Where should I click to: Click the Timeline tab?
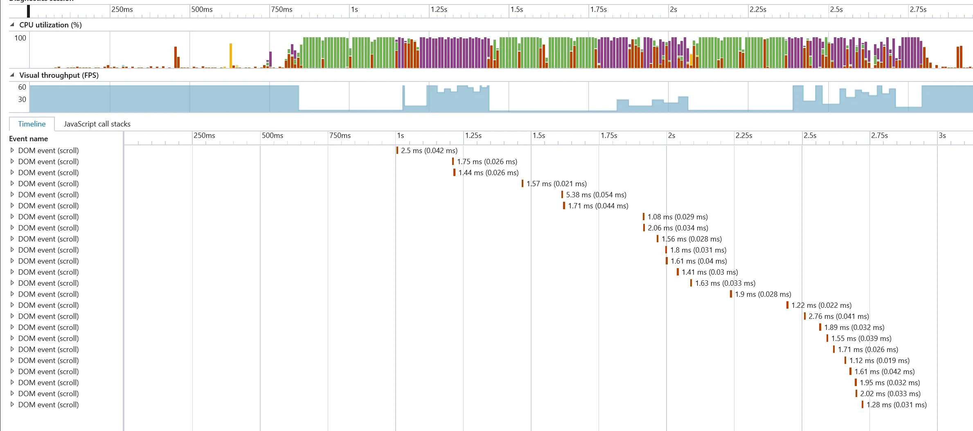pyautogui.click(x=32, y=124)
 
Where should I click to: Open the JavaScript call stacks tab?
pyautogui.click(x=97, y=124)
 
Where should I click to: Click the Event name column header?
pyautogui.click(x=29, y=139)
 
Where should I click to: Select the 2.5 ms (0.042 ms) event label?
pyautogui.click(x=429, y=151)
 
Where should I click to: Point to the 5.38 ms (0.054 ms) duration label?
pyautogui.click(x=596, y=195)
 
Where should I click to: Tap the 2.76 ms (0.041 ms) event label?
pyautogui.click(x=838, y=316)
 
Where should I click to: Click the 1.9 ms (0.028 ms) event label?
pyautogui.click(x=763, y=294)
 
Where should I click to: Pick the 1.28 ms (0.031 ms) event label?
pyautogui.click(x=896, y=405)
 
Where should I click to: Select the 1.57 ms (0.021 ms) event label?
pyautogui.click(x=556, y=184)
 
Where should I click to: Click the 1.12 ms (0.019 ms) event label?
pyautogui.click(x=879, y=361)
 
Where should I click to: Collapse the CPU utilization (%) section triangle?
pyautogui.click(x=12, y=25)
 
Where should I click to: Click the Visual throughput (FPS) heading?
pyautogui.click(x=59, y=75)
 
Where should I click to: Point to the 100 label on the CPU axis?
pyautogui.click(x=20, y=38)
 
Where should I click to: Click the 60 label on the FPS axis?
pyautogui.click(x=22, y=87)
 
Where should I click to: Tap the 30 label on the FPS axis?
pyautogui.click(x=22, y=99)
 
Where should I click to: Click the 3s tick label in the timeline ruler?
pyautogui.click(x=942, y=135)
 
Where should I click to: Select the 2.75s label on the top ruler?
pyautogui.click(x=918, y=9)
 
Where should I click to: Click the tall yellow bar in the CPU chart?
pyautogui.click(x=231, y=55)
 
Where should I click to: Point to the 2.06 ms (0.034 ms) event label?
pyautogui.click(x=678, y=228)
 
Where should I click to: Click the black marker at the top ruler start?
pyautogui.click(x=28, y=11)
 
